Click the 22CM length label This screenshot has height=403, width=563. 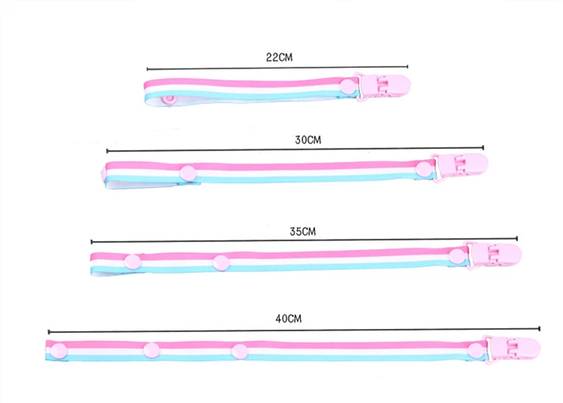pyautogui.click(x=279, y=58)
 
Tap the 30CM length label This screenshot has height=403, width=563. pyautogui.click(x=308, y=140)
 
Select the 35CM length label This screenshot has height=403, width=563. pyautogui.click(x=302, y=232)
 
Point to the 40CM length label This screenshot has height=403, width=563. pyautogui.click(x=288, y=319)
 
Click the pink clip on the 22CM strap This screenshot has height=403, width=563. pyautogui.click(x=383, y=87)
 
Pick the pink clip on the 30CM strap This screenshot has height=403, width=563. pyautogui.click(x=460, y=166)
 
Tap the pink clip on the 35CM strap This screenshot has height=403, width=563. pyautogui.click(x=494, y=255)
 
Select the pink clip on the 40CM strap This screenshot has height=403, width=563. pyautogui.click(x=512, y=349)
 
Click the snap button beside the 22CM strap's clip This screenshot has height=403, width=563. pyautogui.click(x=347, y=87)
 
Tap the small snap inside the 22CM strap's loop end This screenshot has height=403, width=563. pyautogui.click(x=168, y=99)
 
